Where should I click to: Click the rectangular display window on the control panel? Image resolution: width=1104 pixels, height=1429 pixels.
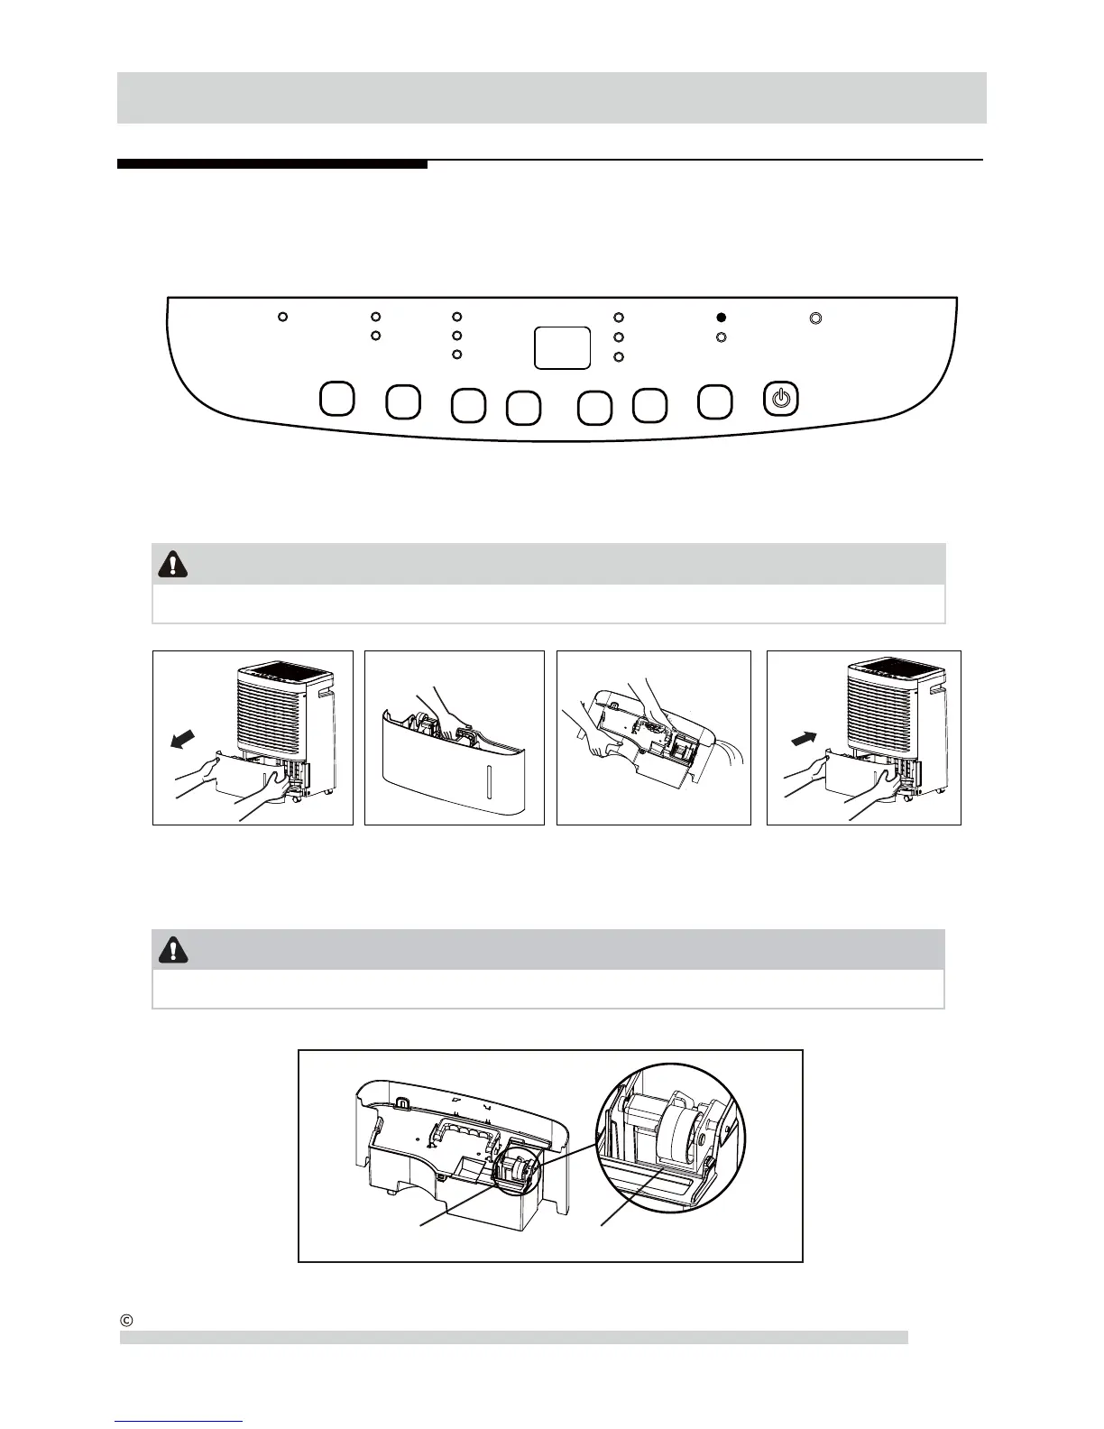pyautogui.click(x=562, y=347)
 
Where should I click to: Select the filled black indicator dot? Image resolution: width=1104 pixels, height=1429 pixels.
pyautogui.click(x=721, y=318)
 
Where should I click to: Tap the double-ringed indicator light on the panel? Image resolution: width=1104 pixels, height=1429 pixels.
pyautogui.click(x=815, y=318)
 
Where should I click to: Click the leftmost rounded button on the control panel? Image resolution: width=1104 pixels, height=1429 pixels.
pyautogui.click(x=336, y=399)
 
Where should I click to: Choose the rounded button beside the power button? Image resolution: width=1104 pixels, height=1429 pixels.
pyautogui.click(x=715, y=401)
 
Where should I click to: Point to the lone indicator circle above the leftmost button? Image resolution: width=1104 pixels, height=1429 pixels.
pyautogui.click(x=282, y=318)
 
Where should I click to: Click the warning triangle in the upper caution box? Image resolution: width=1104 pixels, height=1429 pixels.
pyautogui.click(x=172, y=564)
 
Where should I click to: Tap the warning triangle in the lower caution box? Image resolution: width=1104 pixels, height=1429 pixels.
pyautogui.click(x=172, y=949)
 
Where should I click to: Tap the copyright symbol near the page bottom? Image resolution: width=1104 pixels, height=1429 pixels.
pyautogui.click(x=127, y=1319)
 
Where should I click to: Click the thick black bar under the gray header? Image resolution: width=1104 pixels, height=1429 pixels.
pyautogui.click(x=271, y=164)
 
